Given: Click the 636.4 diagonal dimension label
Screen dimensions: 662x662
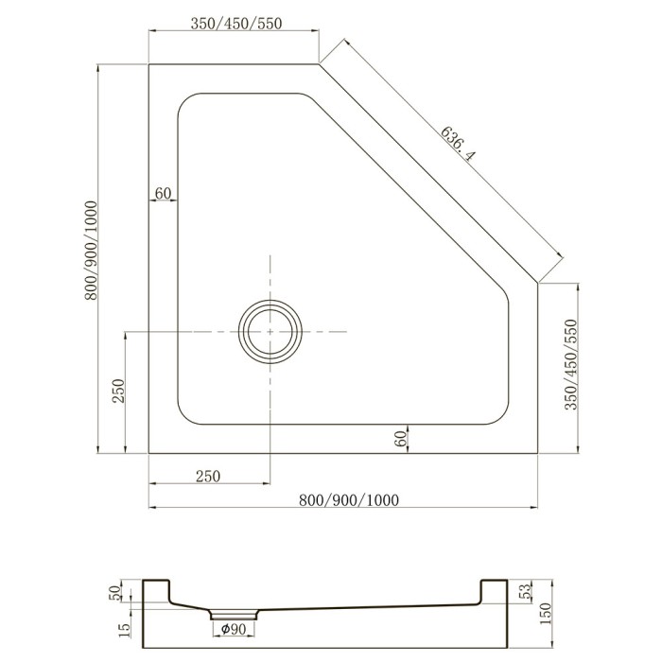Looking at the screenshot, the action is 458,144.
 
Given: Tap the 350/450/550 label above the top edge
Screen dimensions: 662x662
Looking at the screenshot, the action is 236,24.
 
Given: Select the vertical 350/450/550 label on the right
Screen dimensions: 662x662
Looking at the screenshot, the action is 570,364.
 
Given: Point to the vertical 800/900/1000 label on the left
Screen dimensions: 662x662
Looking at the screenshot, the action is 91,251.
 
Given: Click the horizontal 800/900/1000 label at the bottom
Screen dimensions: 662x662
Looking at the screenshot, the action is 349,500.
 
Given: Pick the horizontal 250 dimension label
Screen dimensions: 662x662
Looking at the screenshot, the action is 208,477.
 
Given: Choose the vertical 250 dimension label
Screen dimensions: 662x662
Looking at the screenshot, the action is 119,391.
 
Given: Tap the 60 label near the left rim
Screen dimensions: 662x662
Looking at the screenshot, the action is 163,193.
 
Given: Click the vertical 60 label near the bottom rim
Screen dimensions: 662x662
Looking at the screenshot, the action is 401,439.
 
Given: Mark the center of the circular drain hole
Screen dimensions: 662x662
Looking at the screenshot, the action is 270,332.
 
